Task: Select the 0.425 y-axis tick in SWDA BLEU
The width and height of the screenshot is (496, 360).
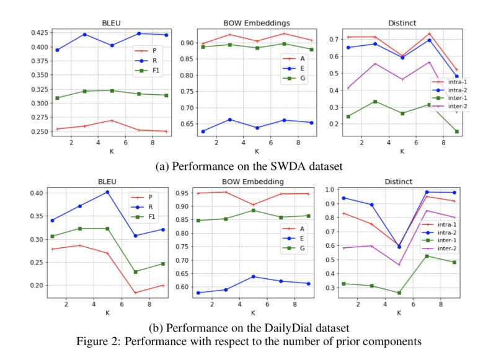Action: tap(36, 32)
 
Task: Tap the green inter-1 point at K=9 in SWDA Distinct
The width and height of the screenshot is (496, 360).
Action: tap(457, 131)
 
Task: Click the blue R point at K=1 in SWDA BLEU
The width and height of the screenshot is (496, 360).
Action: tap(57, 50)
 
